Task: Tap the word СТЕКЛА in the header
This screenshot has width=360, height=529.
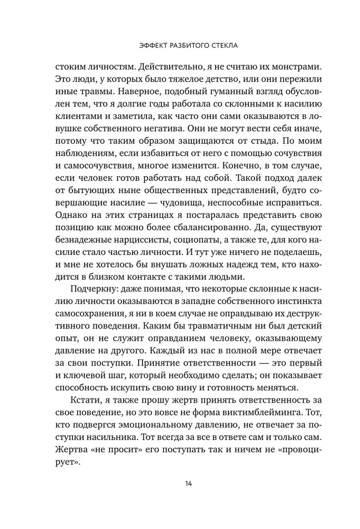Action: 223,46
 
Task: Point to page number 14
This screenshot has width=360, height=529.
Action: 180,483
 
